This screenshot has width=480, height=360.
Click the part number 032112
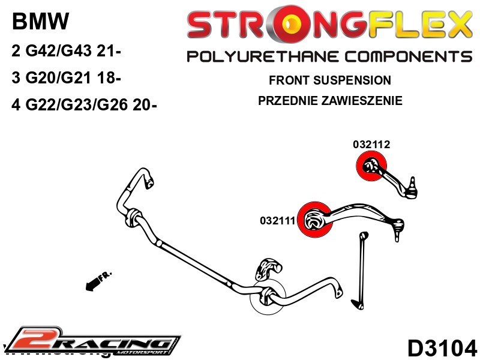point(371,145)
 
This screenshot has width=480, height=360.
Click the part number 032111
point(278,220)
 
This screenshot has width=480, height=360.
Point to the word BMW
point(40,23)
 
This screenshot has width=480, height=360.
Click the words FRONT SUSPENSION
point(330,80)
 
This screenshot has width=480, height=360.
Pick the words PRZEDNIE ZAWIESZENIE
point(330,100)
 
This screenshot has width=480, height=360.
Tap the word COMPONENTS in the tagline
point(403,57)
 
